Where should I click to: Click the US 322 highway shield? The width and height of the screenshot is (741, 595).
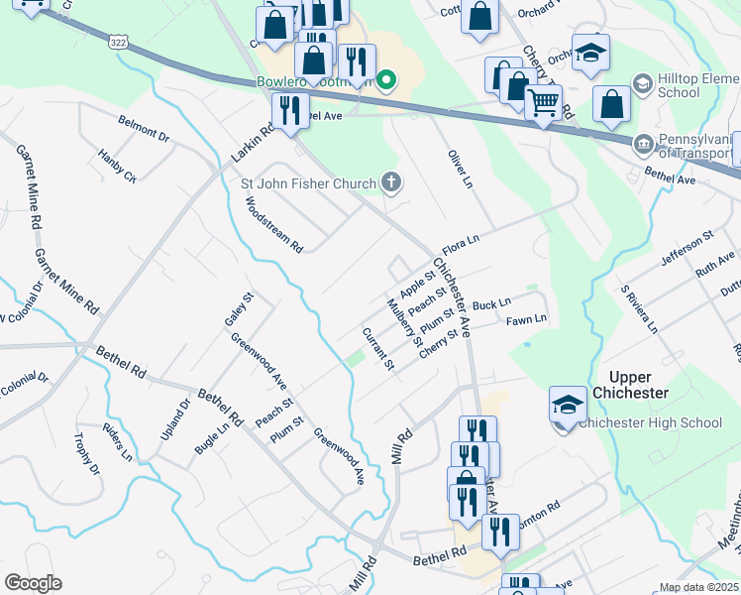(x=118, y=43)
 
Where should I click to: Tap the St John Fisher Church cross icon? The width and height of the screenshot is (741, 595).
(x=392, y=182)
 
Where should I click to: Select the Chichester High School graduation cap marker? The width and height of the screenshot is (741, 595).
(x=568, y=406)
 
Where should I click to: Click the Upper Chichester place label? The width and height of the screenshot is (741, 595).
(x=629, y=385)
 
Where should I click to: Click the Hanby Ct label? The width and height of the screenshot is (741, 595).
(x=117, y=166)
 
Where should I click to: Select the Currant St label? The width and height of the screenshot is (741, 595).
(x=378, y=349)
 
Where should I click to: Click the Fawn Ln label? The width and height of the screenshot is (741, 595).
(x=526, y=319)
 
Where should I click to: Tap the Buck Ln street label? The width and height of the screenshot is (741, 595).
(x=491, y=302)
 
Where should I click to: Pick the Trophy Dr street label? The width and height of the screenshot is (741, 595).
(x=86, y=453)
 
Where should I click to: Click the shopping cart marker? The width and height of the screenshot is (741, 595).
(x=543, y=101)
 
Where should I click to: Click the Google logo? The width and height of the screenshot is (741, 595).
(x=33, y=583)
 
